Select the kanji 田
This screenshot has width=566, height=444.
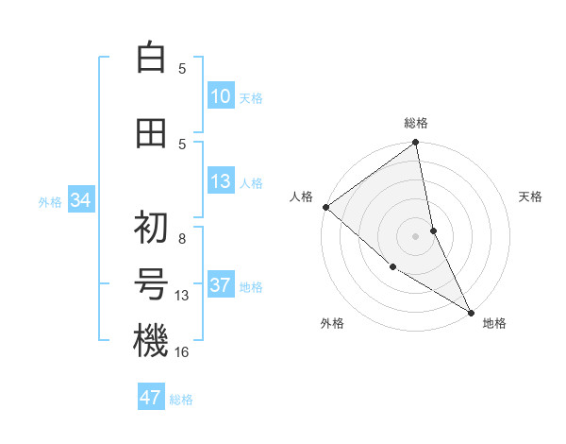pyautogui.click(x=151, y=133)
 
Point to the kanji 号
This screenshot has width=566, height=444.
pyautogui.click(x=151, y=284)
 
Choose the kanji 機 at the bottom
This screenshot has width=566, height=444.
pyautogui.click(x=151, y=340)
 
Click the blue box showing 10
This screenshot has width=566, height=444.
pyautogui.click(x=221, y=97)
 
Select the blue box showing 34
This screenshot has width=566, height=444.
pyautogui.click(x=81, y=200)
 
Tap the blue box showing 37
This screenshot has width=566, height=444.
pyautogui.click(x=221, y=286)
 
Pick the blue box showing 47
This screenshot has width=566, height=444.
pyautogui.click(x=151, y=398)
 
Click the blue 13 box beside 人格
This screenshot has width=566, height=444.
pyautogui.click(x=221, y=182)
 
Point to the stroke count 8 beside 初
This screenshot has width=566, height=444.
pyautogui.click(x=182, y=238)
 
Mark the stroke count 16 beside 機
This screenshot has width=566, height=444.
pyautogui.click(x=182, y=351)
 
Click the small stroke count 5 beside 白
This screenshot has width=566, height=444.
pyautogui.click(x=182, y=68)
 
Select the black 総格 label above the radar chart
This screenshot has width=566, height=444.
pyautogui.click(x=416, y=123)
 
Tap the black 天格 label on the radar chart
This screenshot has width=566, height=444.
pyautogui.click(x=531, y=196)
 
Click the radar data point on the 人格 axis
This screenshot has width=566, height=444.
pyautogui.click(x=325, y=207)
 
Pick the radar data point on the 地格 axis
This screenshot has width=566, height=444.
pyautogui.click(x=471, y=312)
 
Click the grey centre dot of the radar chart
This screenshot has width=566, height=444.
pyautogui.click(x=416, y=236)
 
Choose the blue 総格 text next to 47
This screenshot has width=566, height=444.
pyautogui.click(x=181, y=400)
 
